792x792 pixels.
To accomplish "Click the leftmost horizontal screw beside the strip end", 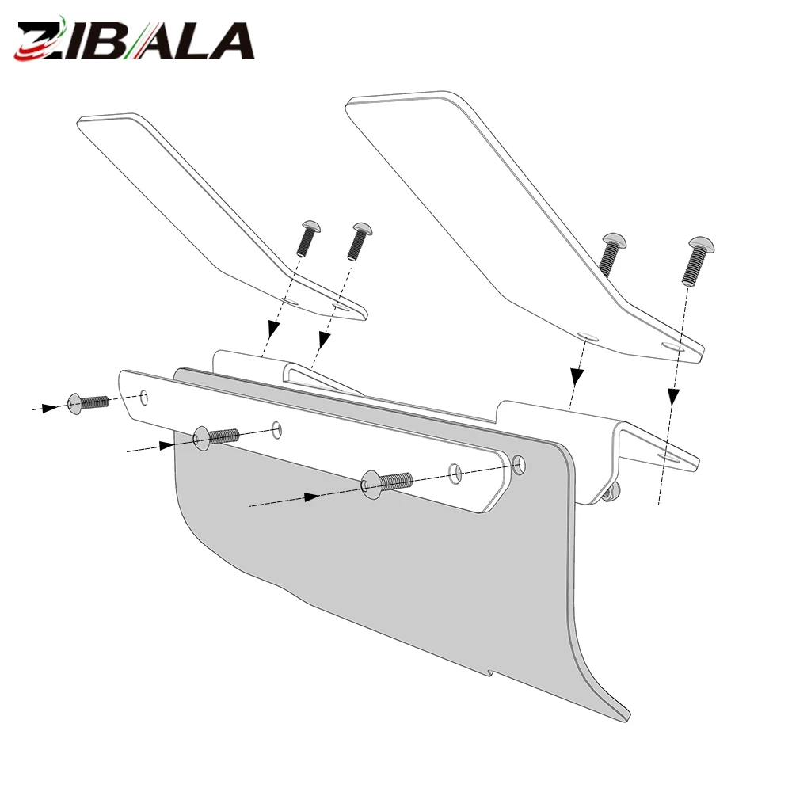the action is [87, 404].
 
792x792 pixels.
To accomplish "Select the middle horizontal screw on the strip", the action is [216, 438].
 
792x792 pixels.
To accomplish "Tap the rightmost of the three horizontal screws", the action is [387, 483].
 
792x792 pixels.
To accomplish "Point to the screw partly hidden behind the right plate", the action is [611, 253].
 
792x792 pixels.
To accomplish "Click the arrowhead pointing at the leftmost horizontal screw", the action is [50, 407].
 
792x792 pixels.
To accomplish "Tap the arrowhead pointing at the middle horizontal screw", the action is [167, 445].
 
